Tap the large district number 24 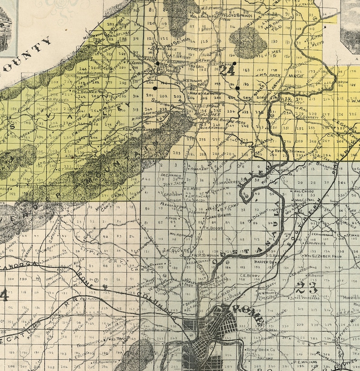point(228,70)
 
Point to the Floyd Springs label point(238,20)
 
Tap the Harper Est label point(265,262)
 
